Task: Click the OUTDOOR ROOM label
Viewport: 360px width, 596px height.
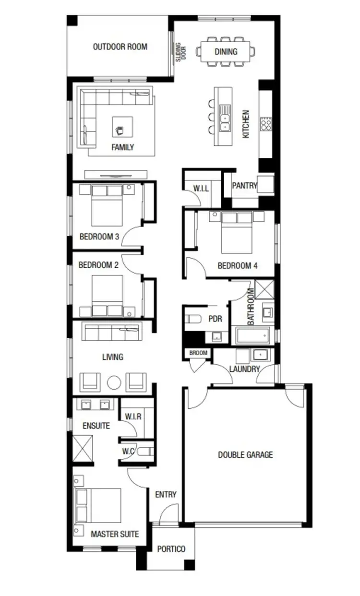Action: [x=120, y=47]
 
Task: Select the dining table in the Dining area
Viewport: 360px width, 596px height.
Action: [x=226, y=51]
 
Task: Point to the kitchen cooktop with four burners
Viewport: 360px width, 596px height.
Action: [x=265, y=124]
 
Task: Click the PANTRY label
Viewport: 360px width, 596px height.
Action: [x=244, y=186]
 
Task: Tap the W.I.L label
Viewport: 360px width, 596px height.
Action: [x=201, y=189]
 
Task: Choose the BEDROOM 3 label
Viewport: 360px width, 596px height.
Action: [x=99, y=236]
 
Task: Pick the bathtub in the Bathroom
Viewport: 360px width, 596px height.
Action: [x=252, y=335]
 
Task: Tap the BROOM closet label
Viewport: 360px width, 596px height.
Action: [x=198, y=353]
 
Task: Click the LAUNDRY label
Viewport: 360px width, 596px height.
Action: [x=244, y=369]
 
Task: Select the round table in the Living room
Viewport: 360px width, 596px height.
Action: [x=114, y=382]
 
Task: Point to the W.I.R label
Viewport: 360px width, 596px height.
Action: [x=132, y=416]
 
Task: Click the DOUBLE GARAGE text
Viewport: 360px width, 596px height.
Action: [x=245, y=454]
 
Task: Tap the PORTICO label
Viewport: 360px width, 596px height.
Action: [x=171, y=549]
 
